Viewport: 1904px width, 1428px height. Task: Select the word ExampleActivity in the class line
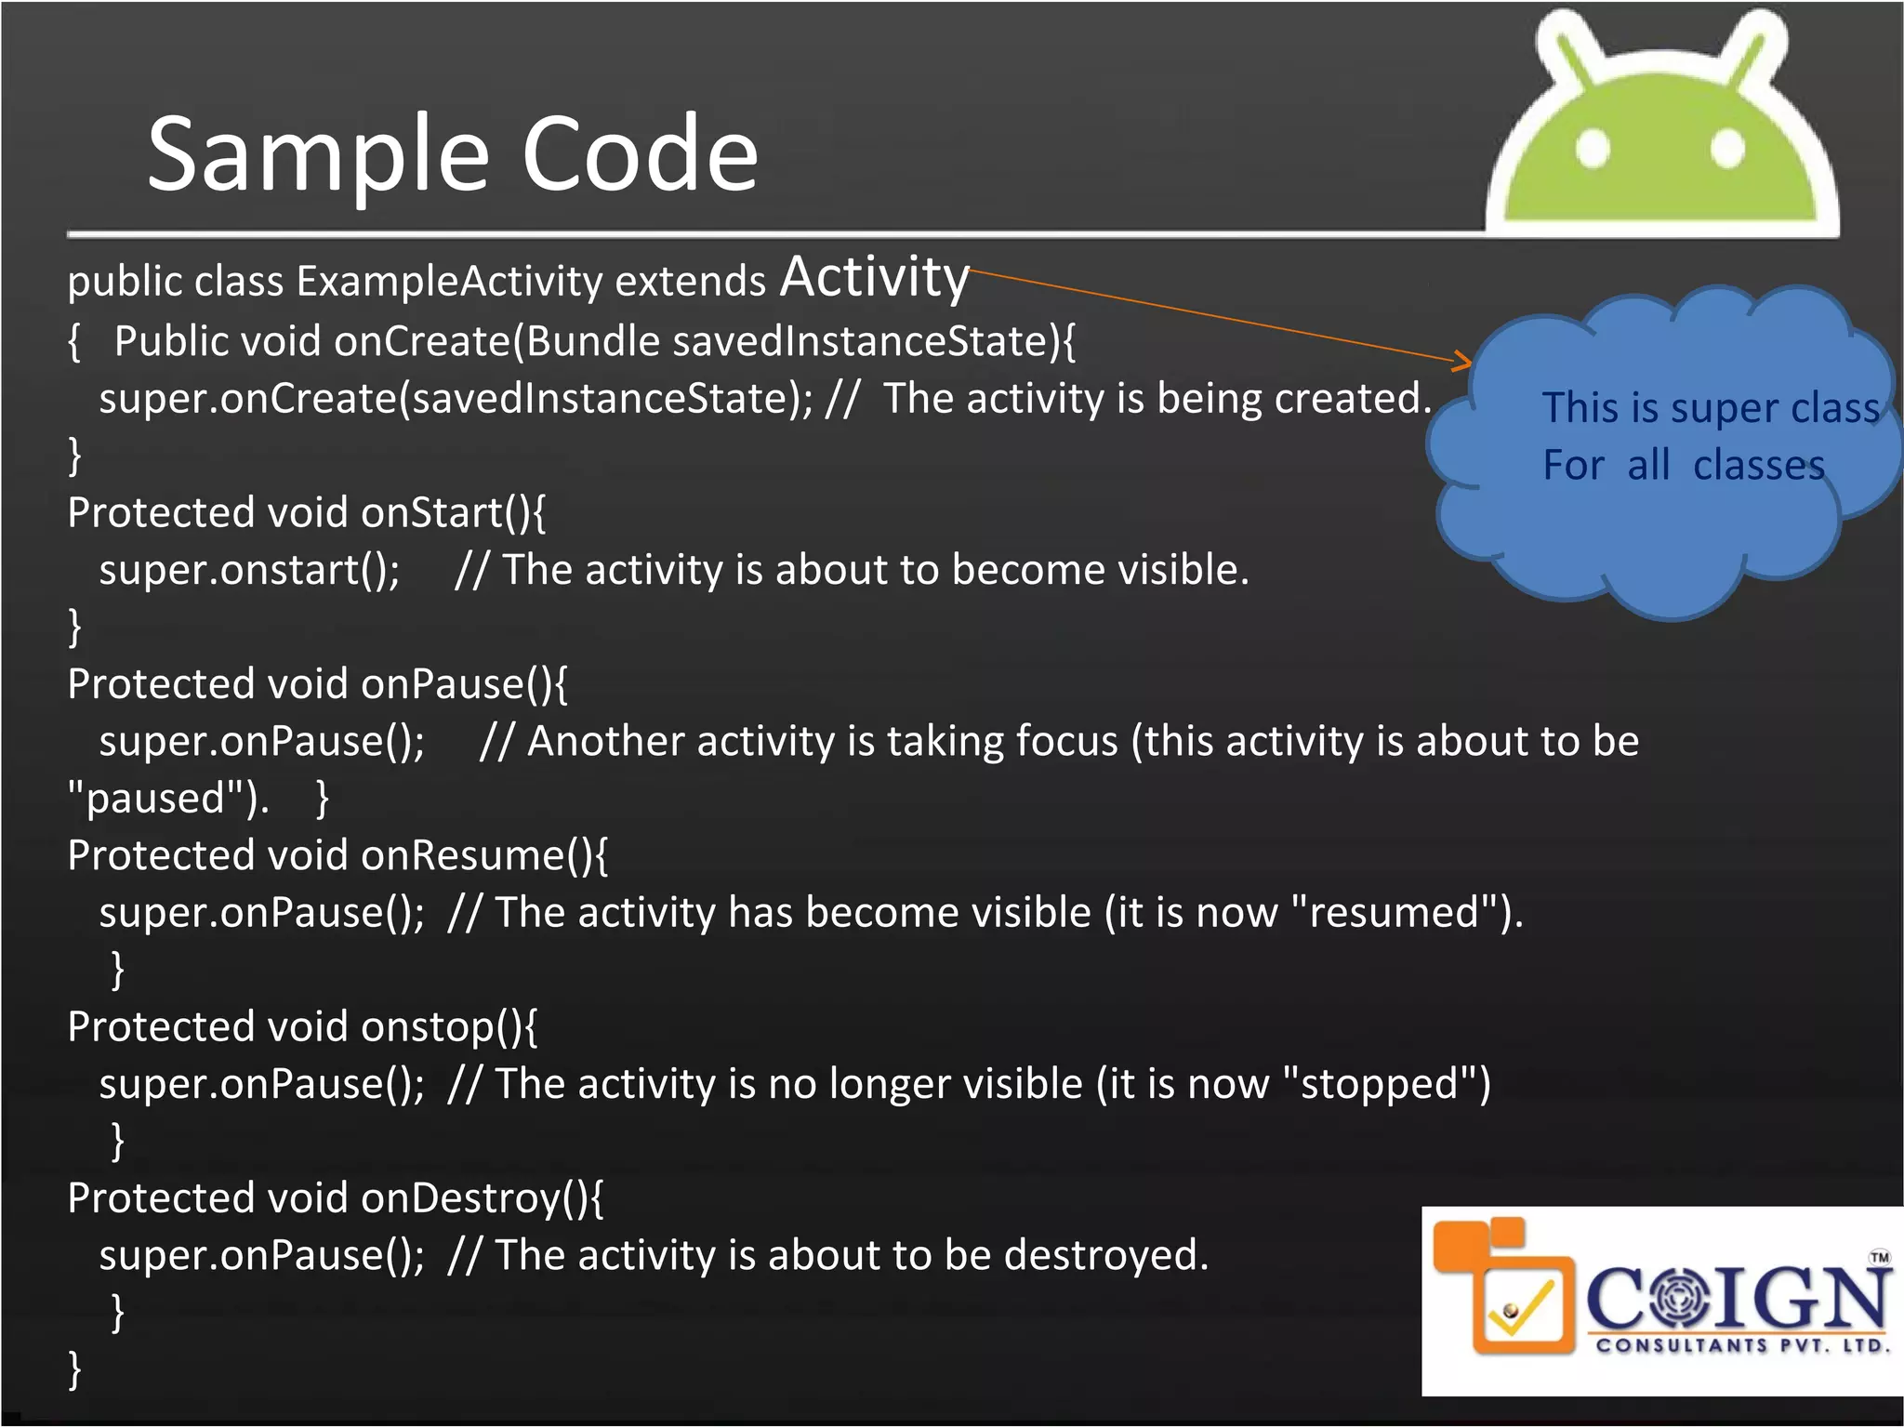pyautogui.click(x=449, y=282)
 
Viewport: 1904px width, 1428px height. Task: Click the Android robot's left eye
pyautogui.click(x=1593, y=149)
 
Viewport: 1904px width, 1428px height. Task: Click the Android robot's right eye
pyautogui.click(x=1727, y=149)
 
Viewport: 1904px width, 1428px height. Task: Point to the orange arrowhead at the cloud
pyautogui.click(x=1462, y=360)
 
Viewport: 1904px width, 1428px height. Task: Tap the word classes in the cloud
pyautogui.click(x=1758, y=465)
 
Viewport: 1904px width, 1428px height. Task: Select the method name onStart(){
pyautogui.click(x=453, y=513)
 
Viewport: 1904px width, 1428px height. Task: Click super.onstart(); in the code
pyautogui.click(x=249, y=570)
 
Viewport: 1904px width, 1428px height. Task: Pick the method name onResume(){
pyautogui.click(x=483, y=855)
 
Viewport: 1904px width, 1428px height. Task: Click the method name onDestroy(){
pyautogui.click(x=482, y=1198)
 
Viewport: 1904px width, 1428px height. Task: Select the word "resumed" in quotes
pyautogui.click(x=1395, y=912)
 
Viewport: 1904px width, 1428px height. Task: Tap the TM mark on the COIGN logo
pyautogui.click(x=1879, y=1257)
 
